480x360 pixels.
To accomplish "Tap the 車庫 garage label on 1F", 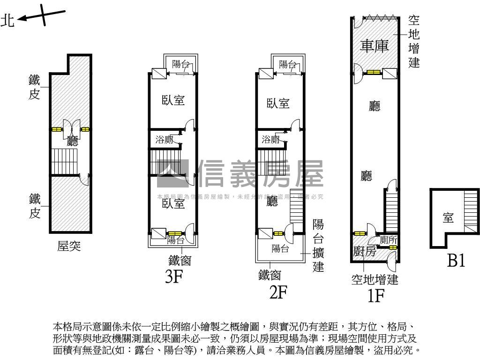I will pos(375,46).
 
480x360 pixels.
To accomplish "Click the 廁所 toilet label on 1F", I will pos(389,239).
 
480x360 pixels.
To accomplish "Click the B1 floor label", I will pos(456,261).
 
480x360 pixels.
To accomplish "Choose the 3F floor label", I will pos(173,277).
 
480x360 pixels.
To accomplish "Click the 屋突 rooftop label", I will pos(69,246).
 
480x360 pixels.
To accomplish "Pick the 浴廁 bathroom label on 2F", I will pos(271,139).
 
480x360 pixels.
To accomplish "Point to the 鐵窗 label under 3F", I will pos(180,260).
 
